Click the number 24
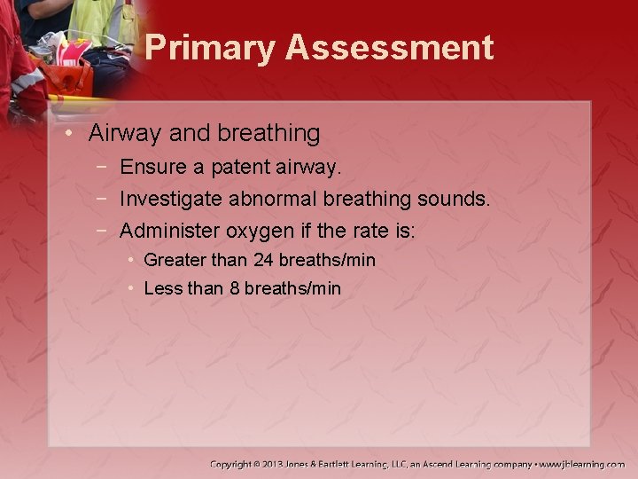[263, 260]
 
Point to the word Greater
[171, 260]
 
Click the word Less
[163, 288]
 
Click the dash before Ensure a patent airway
[105, 167]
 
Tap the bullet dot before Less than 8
[129, 288]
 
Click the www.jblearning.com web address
[584, 464]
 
